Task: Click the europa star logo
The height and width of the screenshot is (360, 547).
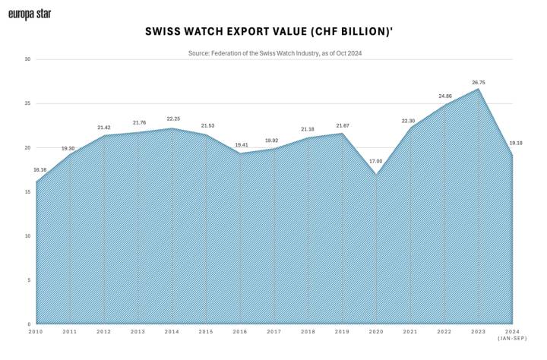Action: pos(30,14)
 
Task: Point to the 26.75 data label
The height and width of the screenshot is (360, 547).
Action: pos(478,82)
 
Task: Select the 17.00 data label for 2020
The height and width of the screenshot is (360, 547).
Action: pos(375,161)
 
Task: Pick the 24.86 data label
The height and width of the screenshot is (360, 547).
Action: pos(444,96)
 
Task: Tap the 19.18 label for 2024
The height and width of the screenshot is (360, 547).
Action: pos(517,143)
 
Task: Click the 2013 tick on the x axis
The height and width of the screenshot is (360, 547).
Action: pos(138,332)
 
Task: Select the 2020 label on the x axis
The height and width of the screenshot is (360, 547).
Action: pos(375,332)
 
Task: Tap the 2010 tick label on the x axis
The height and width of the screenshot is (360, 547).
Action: pos(36,332)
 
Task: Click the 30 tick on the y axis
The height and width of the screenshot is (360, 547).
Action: pos(27,59)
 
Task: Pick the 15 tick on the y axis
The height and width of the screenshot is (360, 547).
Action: pos(27,191)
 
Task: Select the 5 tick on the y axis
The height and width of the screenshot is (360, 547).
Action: pos(28,280)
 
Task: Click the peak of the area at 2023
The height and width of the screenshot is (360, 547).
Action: pos(478,89)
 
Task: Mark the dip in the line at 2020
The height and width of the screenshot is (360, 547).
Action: pos(376,175)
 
